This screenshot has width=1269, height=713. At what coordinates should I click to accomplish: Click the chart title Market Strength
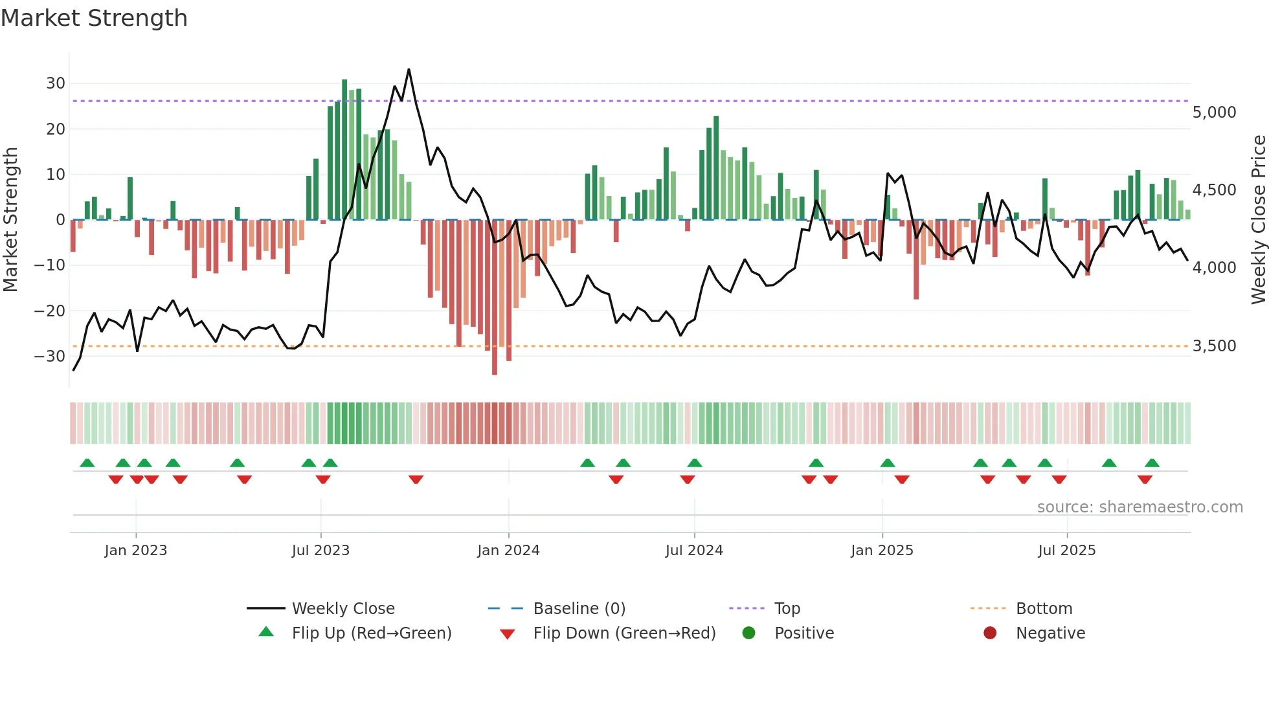tap(94, 18)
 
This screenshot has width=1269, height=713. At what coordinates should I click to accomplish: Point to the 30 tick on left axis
tap(56, 83)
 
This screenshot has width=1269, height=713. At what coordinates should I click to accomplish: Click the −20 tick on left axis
tap(50, 311)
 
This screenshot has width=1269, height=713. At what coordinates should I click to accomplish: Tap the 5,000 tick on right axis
tap(1214, 113)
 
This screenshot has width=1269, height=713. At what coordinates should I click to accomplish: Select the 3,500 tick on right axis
tap(1214, 346)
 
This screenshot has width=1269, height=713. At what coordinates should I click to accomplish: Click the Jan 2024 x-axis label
tap(508, 551)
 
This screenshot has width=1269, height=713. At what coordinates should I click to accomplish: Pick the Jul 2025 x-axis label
tap(1066, 551)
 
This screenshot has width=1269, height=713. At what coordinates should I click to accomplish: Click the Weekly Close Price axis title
tap(1258, 220)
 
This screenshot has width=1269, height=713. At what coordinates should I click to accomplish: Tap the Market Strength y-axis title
tap(11, 220)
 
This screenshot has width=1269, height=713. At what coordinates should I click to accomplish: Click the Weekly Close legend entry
tap(343, 609)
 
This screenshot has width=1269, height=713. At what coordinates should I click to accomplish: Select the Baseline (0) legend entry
tap(579, 609)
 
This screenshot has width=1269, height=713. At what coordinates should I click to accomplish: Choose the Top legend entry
tap(787, 609)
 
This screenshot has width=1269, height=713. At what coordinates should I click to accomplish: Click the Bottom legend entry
tap(1044, 609)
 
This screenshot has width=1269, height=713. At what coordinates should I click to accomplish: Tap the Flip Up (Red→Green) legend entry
tap(371, 633)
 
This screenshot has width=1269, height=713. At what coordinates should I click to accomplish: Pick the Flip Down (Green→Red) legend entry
tap(624, 633)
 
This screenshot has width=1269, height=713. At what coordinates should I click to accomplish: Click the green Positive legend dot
tap(749, 633)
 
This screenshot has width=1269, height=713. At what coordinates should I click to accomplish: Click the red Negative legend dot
tap(990, 633)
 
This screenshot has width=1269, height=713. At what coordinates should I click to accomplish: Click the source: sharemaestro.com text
tap(1140, 507)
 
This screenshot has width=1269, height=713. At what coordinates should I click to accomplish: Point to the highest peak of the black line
tap(409, 69)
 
